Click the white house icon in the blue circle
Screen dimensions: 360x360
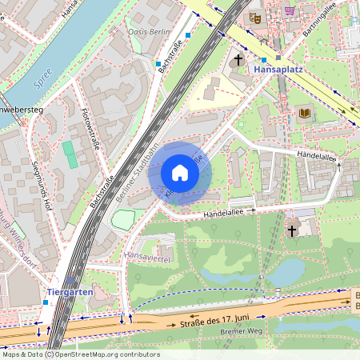coord(180,173)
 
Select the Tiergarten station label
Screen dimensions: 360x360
coord(70,292)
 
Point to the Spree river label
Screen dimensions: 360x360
coord(43,82)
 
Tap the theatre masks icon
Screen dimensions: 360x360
coord(255,17)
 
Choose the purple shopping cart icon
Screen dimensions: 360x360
coord(289,10)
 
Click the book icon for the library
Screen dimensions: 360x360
coord(304,114)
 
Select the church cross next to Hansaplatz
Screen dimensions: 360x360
coord(238,60)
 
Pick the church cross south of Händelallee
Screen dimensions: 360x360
coord(292,230)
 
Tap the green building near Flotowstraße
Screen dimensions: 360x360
coord(71,154)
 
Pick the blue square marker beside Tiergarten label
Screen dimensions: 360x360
coord(45,303)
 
